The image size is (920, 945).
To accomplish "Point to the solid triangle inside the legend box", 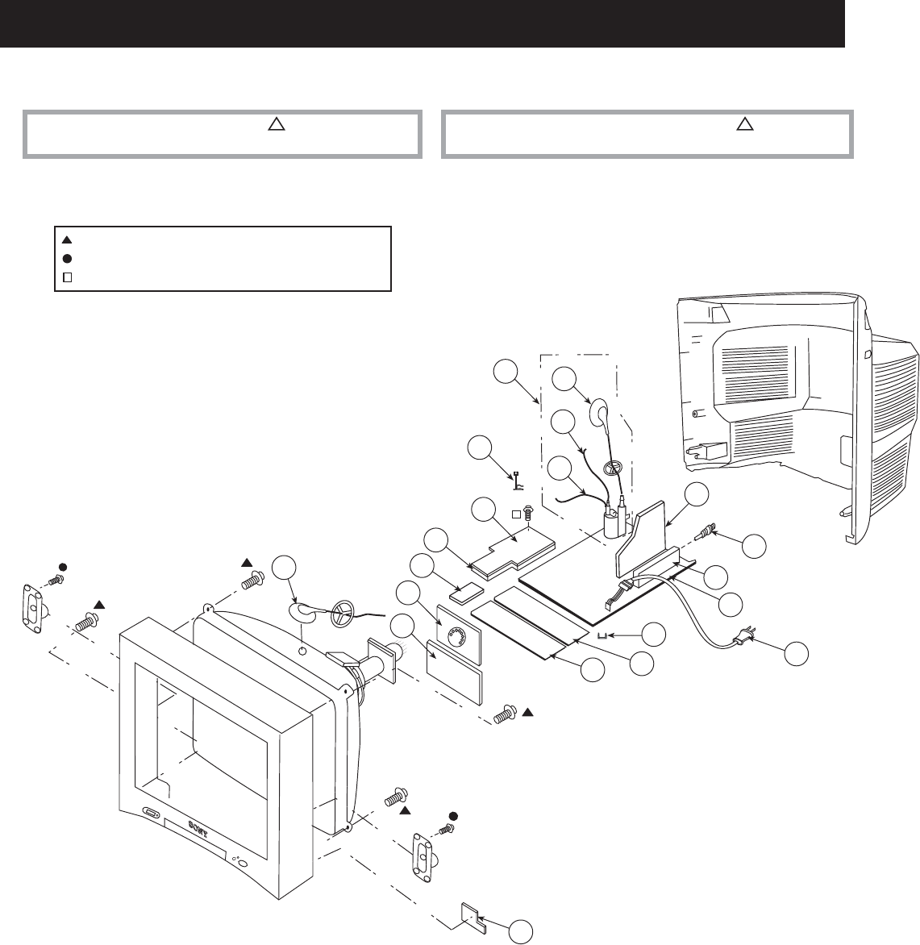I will [x=68, y=239].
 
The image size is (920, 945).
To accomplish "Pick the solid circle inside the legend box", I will [x=68, y=258].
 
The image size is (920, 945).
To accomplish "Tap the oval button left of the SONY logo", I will [x=151, y=812].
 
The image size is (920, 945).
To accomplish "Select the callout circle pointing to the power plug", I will [x=797, y=653].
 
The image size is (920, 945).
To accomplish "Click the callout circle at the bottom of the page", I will [x=521, y=930].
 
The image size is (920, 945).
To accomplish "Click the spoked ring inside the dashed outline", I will [x=614, y=468].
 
